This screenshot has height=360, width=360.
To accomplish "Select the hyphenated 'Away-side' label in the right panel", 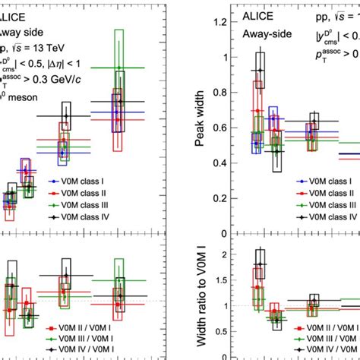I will (267, 33).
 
